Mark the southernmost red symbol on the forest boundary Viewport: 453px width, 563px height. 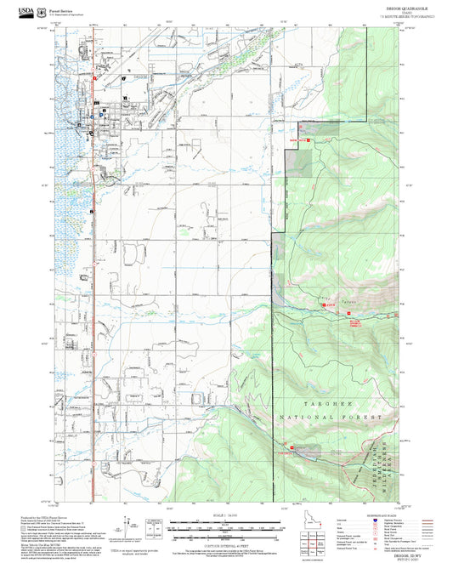292,447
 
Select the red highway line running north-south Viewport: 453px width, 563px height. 90,340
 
